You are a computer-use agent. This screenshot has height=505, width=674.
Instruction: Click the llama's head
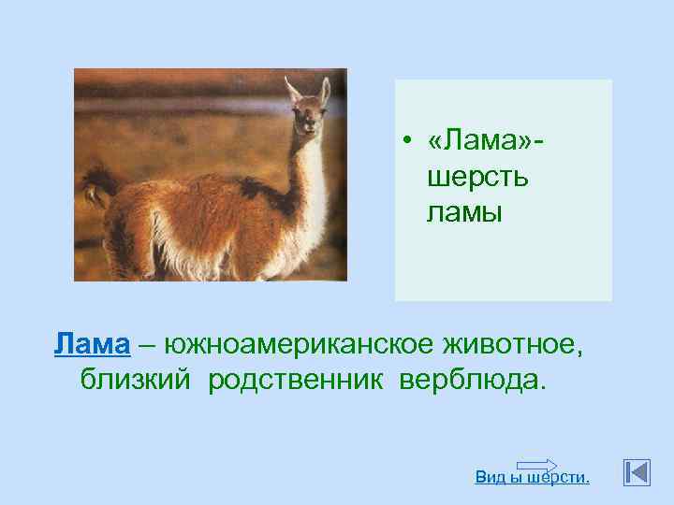point(306,116)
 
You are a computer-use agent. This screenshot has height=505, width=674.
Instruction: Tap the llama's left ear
point(292,91)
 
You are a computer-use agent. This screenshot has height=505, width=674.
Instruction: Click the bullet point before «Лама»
point(408,141)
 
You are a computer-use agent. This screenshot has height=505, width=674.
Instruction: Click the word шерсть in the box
point(477,177)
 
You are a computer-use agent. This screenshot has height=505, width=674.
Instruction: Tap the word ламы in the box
point(464,212)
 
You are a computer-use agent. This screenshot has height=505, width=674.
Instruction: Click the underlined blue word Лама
point(92,344)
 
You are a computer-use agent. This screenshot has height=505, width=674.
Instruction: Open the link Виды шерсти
point(532,477)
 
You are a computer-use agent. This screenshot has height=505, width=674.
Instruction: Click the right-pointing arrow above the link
point(536,464)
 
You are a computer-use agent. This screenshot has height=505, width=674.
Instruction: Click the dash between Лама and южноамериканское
point(147,344)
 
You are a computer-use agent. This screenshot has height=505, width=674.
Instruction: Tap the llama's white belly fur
point(215,252)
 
